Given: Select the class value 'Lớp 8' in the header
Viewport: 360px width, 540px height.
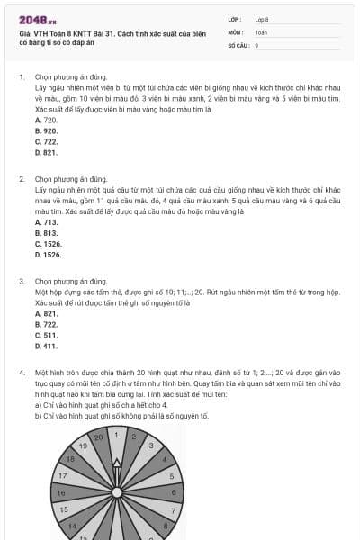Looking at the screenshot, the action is click(262, 19).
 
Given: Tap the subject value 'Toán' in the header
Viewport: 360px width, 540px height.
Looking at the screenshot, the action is click(262, 31).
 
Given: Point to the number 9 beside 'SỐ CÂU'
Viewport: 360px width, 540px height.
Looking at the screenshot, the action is click(256, 44).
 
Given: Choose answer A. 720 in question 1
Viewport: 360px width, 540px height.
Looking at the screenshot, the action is click(46, 120).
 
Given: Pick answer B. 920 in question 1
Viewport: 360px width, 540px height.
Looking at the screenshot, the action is click(46, 130).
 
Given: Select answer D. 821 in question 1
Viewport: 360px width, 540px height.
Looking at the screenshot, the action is click(46, 152).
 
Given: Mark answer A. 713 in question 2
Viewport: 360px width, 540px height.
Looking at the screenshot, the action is click(46, 221).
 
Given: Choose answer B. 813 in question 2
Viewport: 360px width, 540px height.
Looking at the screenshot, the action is click(46, 232).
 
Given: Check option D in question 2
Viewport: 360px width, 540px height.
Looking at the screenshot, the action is click(48, 255).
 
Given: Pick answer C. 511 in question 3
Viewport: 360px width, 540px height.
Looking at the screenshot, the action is click(46, 335).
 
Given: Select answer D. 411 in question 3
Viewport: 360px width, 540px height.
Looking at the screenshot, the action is click(46, 346).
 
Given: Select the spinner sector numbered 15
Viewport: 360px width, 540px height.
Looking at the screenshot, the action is click(64, 509).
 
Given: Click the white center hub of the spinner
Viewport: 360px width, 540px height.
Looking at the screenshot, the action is click(118, 491).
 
